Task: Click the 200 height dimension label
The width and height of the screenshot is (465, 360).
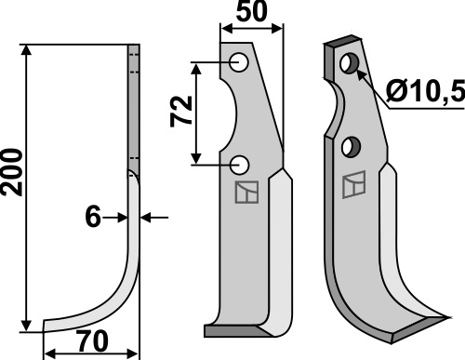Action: point(12,172)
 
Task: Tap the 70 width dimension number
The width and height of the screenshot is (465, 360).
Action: point(93,341)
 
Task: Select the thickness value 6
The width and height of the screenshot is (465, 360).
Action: point(93,217)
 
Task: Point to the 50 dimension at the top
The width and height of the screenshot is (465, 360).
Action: point(251,11)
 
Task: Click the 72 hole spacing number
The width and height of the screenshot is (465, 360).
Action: point(181,112)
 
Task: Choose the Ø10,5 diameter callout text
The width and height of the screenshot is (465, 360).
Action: point(426,91)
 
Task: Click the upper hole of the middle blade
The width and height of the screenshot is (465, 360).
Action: point(239,62)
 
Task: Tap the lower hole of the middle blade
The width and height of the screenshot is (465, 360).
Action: point(240,165)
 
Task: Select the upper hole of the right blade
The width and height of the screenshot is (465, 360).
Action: point(350,63)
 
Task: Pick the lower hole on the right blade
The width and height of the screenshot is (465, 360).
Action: point(351,147)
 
